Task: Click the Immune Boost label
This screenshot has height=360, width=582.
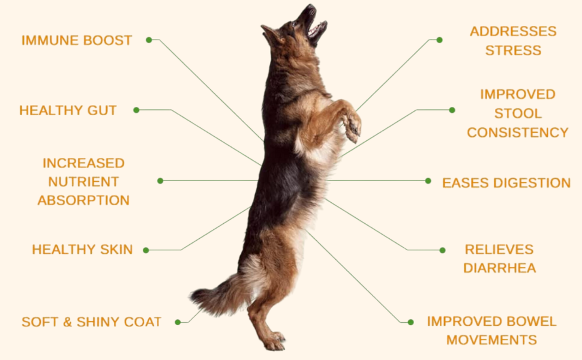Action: [x=77, y=40]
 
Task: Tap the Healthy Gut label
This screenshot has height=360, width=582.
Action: [x=68, y=110]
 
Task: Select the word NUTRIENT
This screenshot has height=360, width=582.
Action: [x=83, y=182]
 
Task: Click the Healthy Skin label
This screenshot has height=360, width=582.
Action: [x=82, y=250]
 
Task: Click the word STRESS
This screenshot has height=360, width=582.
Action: [x=514, y=50]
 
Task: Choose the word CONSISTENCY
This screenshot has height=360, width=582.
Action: [x=518, y=133]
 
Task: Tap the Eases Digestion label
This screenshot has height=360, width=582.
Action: [x=506, y=182]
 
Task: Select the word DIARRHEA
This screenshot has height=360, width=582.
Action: [x=500, y=268]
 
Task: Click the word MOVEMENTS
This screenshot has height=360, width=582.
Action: [x=492, y=340]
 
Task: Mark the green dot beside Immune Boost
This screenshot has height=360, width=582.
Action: [x=149, y=40]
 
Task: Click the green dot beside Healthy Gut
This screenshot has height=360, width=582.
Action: [x=136, y=110]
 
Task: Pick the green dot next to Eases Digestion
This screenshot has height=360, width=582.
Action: [x=428, y=181]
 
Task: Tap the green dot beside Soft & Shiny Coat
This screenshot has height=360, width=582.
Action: [x=178, y=322]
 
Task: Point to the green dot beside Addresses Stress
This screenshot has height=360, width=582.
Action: [x=439, y=40]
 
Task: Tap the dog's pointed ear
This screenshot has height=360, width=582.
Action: [x=270, y=32]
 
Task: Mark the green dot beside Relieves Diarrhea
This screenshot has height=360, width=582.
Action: [x=442, y=250]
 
